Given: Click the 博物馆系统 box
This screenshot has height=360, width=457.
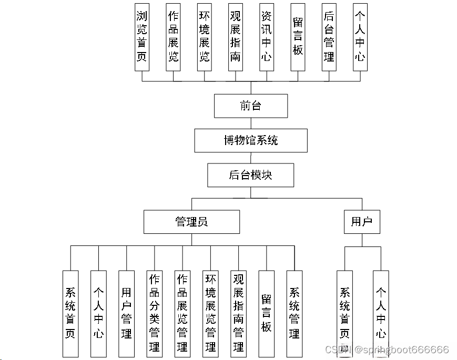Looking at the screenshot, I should coord(251,140).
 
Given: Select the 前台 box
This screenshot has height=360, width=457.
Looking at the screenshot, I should coord(251,106).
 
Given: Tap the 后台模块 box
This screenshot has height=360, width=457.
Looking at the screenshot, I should coord(251,175).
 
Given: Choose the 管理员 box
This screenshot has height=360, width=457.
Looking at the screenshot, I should coord(191,222).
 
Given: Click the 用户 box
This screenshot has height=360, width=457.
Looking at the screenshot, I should coord(362,222).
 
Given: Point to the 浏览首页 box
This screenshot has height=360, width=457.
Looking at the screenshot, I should coord(142,37).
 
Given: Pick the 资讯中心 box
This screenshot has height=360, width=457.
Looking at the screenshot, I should coord(267,37).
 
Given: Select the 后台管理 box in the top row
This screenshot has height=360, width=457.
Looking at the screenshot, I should coord(329,37).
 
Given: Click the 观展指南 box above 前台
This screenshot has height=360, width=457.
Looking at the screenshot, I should coord(236,37).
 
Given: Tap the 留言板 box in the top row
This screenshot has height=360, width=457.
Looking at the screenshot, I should coord(298,37).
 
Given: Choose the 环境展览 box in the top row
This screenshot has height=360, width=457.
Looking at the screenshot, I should coord(204,37).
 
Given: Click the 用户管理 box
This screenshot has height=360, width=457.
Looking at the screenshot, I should coord(127,313).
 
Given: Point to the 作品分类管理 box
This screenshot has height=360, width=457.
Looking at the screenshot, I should coord(155,313).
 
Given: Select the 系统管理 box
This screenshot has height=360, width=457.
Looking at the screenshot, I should coord(294,313).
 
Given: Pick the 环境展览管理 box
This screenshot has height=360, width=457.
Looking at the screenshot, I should coord(211,313).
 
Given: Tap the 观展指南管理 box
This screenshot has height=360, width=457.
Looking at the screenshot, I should coord(239,313).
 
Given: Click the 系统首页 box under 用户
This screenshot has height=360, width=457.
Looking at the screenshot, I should coord(345,313).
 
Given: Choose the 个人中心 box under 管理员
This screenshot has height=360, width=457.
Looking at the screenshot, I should coord(98,313).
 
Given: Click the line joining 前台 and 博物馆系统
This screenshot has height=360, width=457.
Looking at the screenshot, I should coord(251,124).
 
